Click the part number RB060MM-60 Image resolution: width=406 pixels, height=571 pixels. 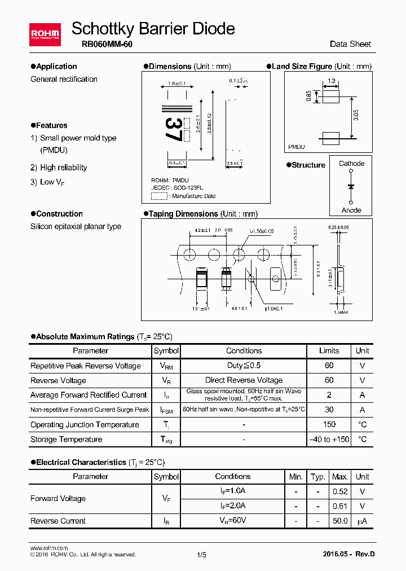(103, 44)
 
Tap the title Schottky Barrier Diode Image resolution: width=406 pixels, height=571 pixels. (153, 28)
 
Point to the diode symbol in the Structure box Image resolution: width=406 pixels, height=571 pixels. (351, 186)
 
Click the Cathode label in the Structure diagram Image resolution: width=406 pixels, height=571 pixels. (351, 164)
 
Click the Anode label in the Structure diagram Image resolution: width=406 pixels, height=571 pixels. (351, 210)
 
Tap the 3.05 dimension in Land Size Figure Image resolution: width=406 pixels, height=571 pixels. (355, 116)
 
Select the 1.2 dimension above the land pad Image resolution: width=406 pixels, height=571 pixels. (331, 81)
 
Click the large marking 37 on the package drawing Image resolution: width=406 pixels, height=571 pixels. (174, 130)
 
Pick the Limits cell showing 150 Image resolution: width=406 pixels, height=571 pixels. (329, 424)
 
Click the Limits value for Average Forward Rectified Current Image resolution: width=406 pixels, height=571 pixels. (329, 395)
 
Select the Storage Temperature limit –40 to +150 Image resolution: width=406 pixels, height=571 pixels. (329, 439)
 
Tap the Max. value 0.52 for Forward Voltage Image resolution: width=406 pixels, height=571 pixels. (340, 491)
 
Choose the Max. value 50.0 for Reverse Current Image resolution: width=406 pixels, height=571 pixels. (340, 521)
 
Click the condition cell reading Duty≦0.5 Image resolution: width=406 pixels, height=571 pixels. (244, 366)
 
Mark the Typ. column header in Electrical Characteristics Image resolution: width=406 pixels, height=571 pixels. (318, 477)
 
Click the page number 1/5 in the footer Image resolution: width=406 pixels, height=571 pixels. (202, 555)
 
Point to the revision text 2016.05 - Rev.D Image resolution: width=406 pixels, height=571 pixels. (348, 554)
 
